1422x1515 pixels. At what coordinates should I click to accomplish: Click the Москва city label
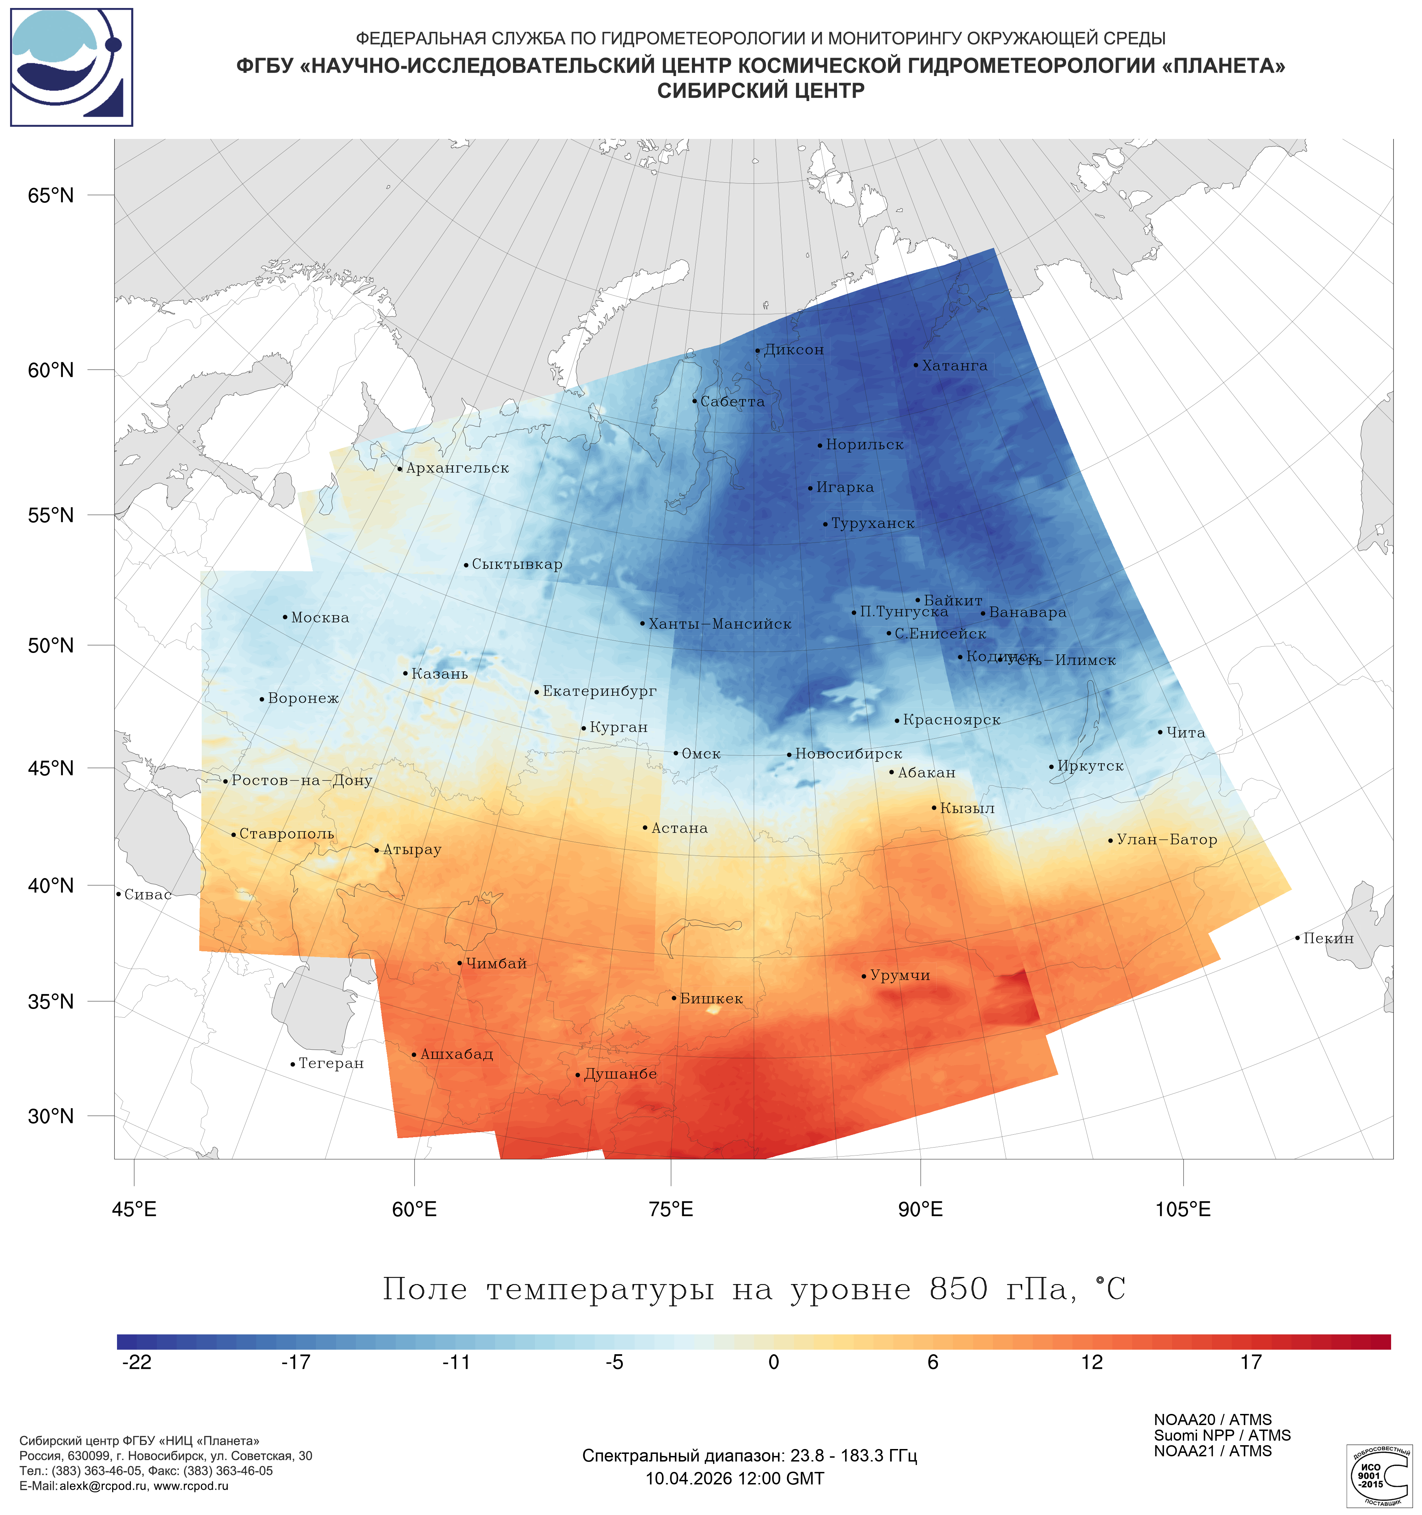[x=320, y=618]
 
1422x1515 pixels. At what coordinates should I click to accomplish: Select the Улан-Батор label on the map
[x=1166, y=840]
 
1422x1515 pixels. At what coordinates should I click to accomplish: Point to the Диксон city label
[x=794, y=350]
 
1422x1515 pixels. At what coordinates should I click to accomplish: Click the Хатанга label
[x=954, y=366]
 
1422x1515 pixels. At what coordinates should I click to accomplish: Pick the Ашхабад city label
[x=456, y=1054]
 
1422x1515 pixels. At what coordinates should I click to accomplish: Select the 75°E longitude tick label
[x=671, y=1209]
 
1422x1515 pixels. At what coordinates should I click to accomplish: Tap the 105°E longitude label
[x=1183, y=1209]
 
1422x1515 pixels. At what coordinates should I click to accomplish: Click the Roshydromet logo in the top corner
[x=72, y=67]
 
